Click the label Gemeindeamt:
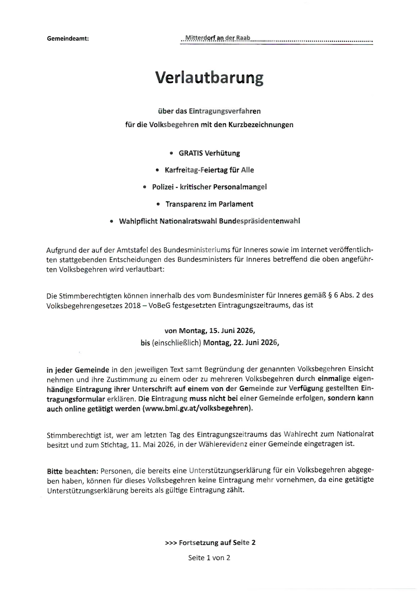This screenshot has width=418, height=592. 68,39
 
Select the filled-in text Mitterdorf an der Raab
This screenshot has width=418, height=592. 218,38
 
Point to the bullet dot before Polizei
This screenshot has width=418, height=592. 144,187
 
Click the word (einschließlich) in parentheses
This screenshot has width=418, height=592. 176,343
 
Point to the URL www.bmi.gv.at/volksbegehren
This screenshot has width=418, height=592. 197,409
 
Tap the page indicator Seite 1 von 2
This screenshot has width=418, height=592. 209,558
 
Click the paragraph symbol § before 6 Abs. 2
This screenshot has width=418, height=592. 330,295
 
